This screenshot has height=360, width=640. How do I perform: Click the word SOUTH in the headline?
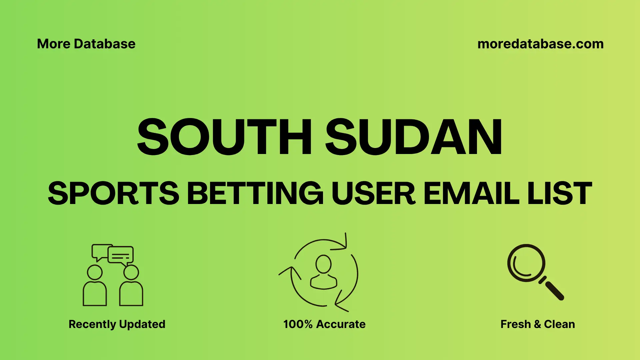(224, 137)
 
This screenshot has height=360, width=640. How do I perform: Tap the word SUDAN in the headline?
(413, 137)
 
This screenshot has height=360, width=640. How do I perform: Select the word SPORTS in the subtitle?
(113, 193)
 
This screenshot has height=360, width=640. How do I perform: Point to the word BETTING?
(255, 193)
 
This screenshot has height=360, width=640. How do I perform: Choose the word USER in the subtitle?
(373, 193)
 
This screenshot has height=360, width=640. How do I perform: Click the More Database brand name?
(86, 44)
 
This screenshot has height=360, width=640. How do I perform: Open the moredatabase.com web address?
(540, 44)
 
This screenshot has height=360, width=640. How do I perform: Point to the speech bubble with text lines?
(121, 255)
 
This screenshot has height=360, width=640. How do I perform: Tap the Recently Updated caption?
(117, 324)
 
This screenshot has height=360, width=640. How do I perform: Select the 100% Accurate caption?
(324, 324)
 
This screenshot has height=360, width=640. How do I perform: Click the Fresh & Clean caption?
(538, 324)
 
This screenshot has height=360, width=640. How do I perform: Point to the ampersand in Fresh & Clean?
(537, 324)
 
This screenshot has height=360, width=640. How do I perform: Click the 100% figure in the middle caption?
(298, 324)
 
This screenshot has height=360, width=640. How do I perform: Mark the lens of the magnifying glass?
(526, 263)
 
